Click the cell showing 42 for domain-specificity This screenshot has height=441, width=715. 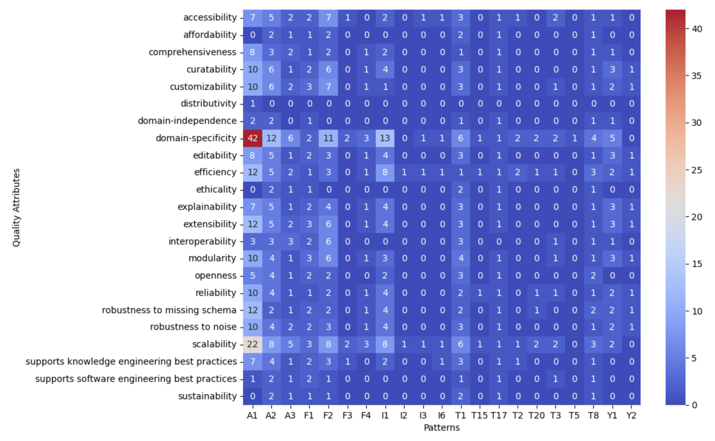point(253,138)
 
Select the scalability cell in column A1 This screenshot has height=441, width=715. point(253,344)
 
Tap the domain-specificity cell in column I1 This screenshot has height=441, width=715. point(385,138)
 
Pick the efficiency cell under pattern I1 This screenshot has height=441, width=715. point(385,172)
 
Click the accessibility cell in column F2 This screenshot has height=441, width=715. point(328,18)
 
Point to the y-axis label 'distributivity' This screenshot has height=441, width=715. point(208,104)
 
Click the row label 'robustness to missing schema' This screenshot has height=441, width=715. point(169,310)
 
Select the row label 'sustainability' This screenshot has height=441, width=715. point(207,396)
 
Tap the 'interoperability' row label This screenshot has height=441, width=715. point(202,241)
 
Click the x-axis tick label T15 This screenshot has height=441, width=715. point(479,416)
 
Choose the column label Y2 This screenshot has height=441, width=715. point(631,416)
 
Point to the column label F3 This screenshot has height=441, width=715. point(347,416)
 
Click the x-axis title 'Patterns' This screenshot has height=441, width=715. point(442,428)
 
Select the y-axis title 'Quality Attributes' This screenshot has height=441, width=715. point(16,207)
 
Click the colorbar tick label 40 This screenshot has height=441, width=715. point(697,29)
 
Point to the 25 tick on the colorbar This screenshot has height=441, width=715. point(697,170)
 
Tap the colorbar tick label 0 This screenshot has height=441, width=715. point(694,405)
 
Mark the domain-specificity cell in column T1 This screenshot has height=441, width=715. point(461,138)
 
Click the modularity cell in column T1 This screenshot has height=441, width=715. point(461,258)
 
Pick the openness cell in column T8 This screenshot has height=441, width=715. point(593,276)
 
